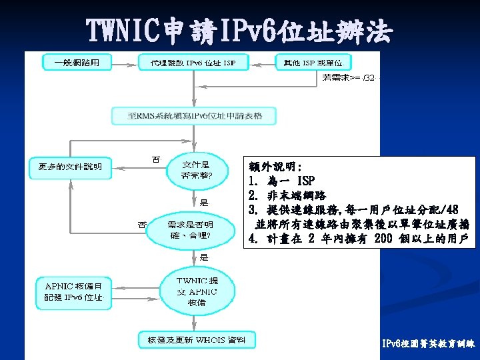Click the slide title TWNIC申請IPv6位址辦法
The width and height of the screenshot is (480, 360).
[x=240, y=30]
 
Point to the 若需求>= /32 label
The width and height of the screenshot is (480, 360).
[x=351, y=77]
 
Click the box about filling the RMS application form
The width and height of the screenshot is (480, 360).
[x=195, y=116]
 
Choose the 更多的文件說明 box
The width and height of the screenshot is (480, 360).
[x=70, y=166]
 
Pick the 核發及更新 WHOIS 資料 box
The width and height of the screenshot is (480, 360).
[x=196, y=340]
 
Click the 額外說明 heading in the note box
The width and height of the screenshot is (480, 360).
[x=275, y=165]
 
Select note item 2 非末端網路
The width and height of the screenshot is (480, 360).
[x=287, y=195]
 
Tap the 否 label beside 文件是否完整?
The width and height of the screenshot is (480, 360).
[x=156, y=159]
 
